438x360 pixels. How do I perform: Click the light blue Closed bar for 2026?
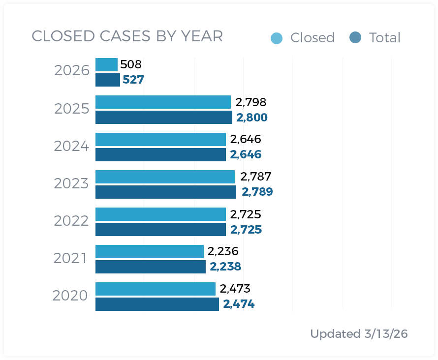(x=106, y=64)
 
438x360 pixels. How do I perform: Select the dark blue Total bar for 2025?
(x=163, y=118)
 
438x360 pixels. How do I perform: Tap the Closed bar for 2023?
(x=165, y=177)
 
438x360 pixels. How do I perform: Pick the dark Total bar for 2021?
(x=150, y=267)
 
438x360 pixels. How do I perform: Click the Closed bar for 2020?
(x=155, y=289)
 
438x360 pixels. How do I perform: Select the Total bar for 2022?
(x=160, y=230)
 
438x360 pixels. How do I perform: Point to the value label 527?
(x=133, y=80)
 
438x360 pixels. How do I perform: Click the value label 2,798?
(x=251, y=102)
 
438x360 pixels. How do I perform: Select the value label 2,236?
(x=223, y=251)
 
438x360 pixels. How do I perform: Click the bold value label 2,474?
(x=239, y=304)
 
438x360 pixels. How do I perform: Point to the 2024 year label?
(x=71, y=146)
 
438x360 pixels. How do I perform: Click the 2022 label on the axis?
(x=71, y=221)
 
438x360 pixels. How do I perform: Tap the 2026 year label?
(x=72, y=71)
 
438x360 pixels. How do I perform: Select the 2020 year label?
(x=70, y=296)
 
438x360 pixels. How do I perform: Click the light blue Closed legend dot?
(x=277, y=38)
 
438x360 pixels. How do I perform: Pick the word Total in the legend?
(x=384, y=38)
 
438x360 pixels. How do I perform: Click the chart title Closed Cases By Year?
(x=127, y=36)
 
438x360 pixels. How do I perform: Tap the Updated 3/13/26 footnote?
(x=359, y=334)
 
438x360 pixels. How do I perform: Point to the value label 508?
(x=131, y=64)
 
